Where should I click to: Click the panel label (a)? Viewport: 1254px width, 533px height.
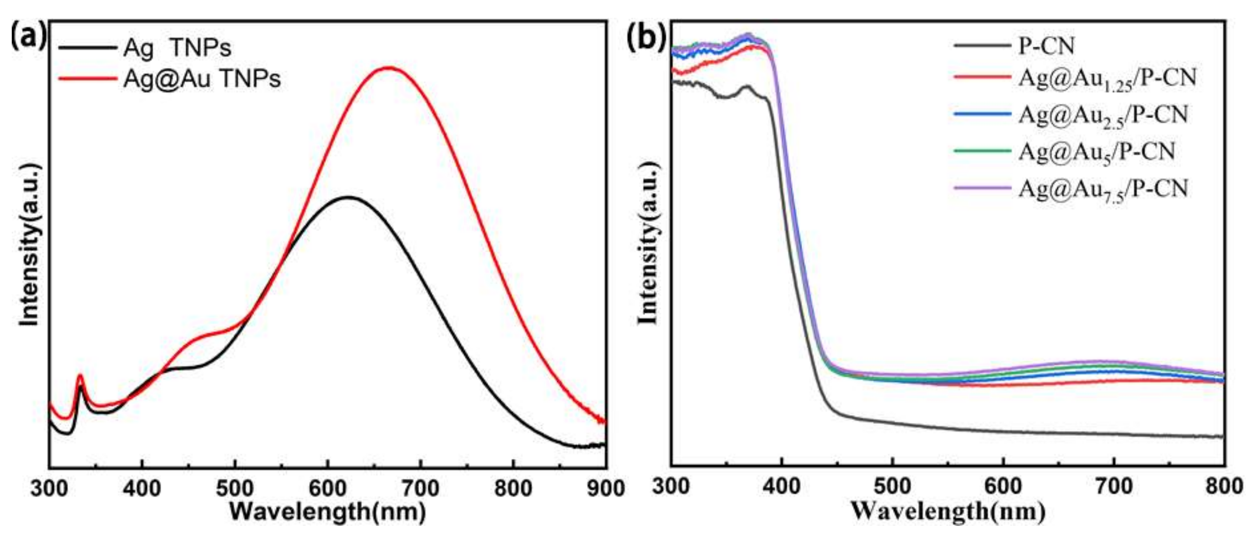tap(28, 36)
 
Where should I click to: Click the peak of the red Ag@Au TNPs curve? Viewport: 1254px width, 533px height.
tap(388, 68)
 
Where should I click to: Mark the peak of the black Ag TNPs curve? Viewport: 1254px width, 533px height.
tap(348, 197)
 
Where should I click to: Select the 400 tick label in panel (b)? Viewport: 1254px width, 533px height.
tap(781, 487)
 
